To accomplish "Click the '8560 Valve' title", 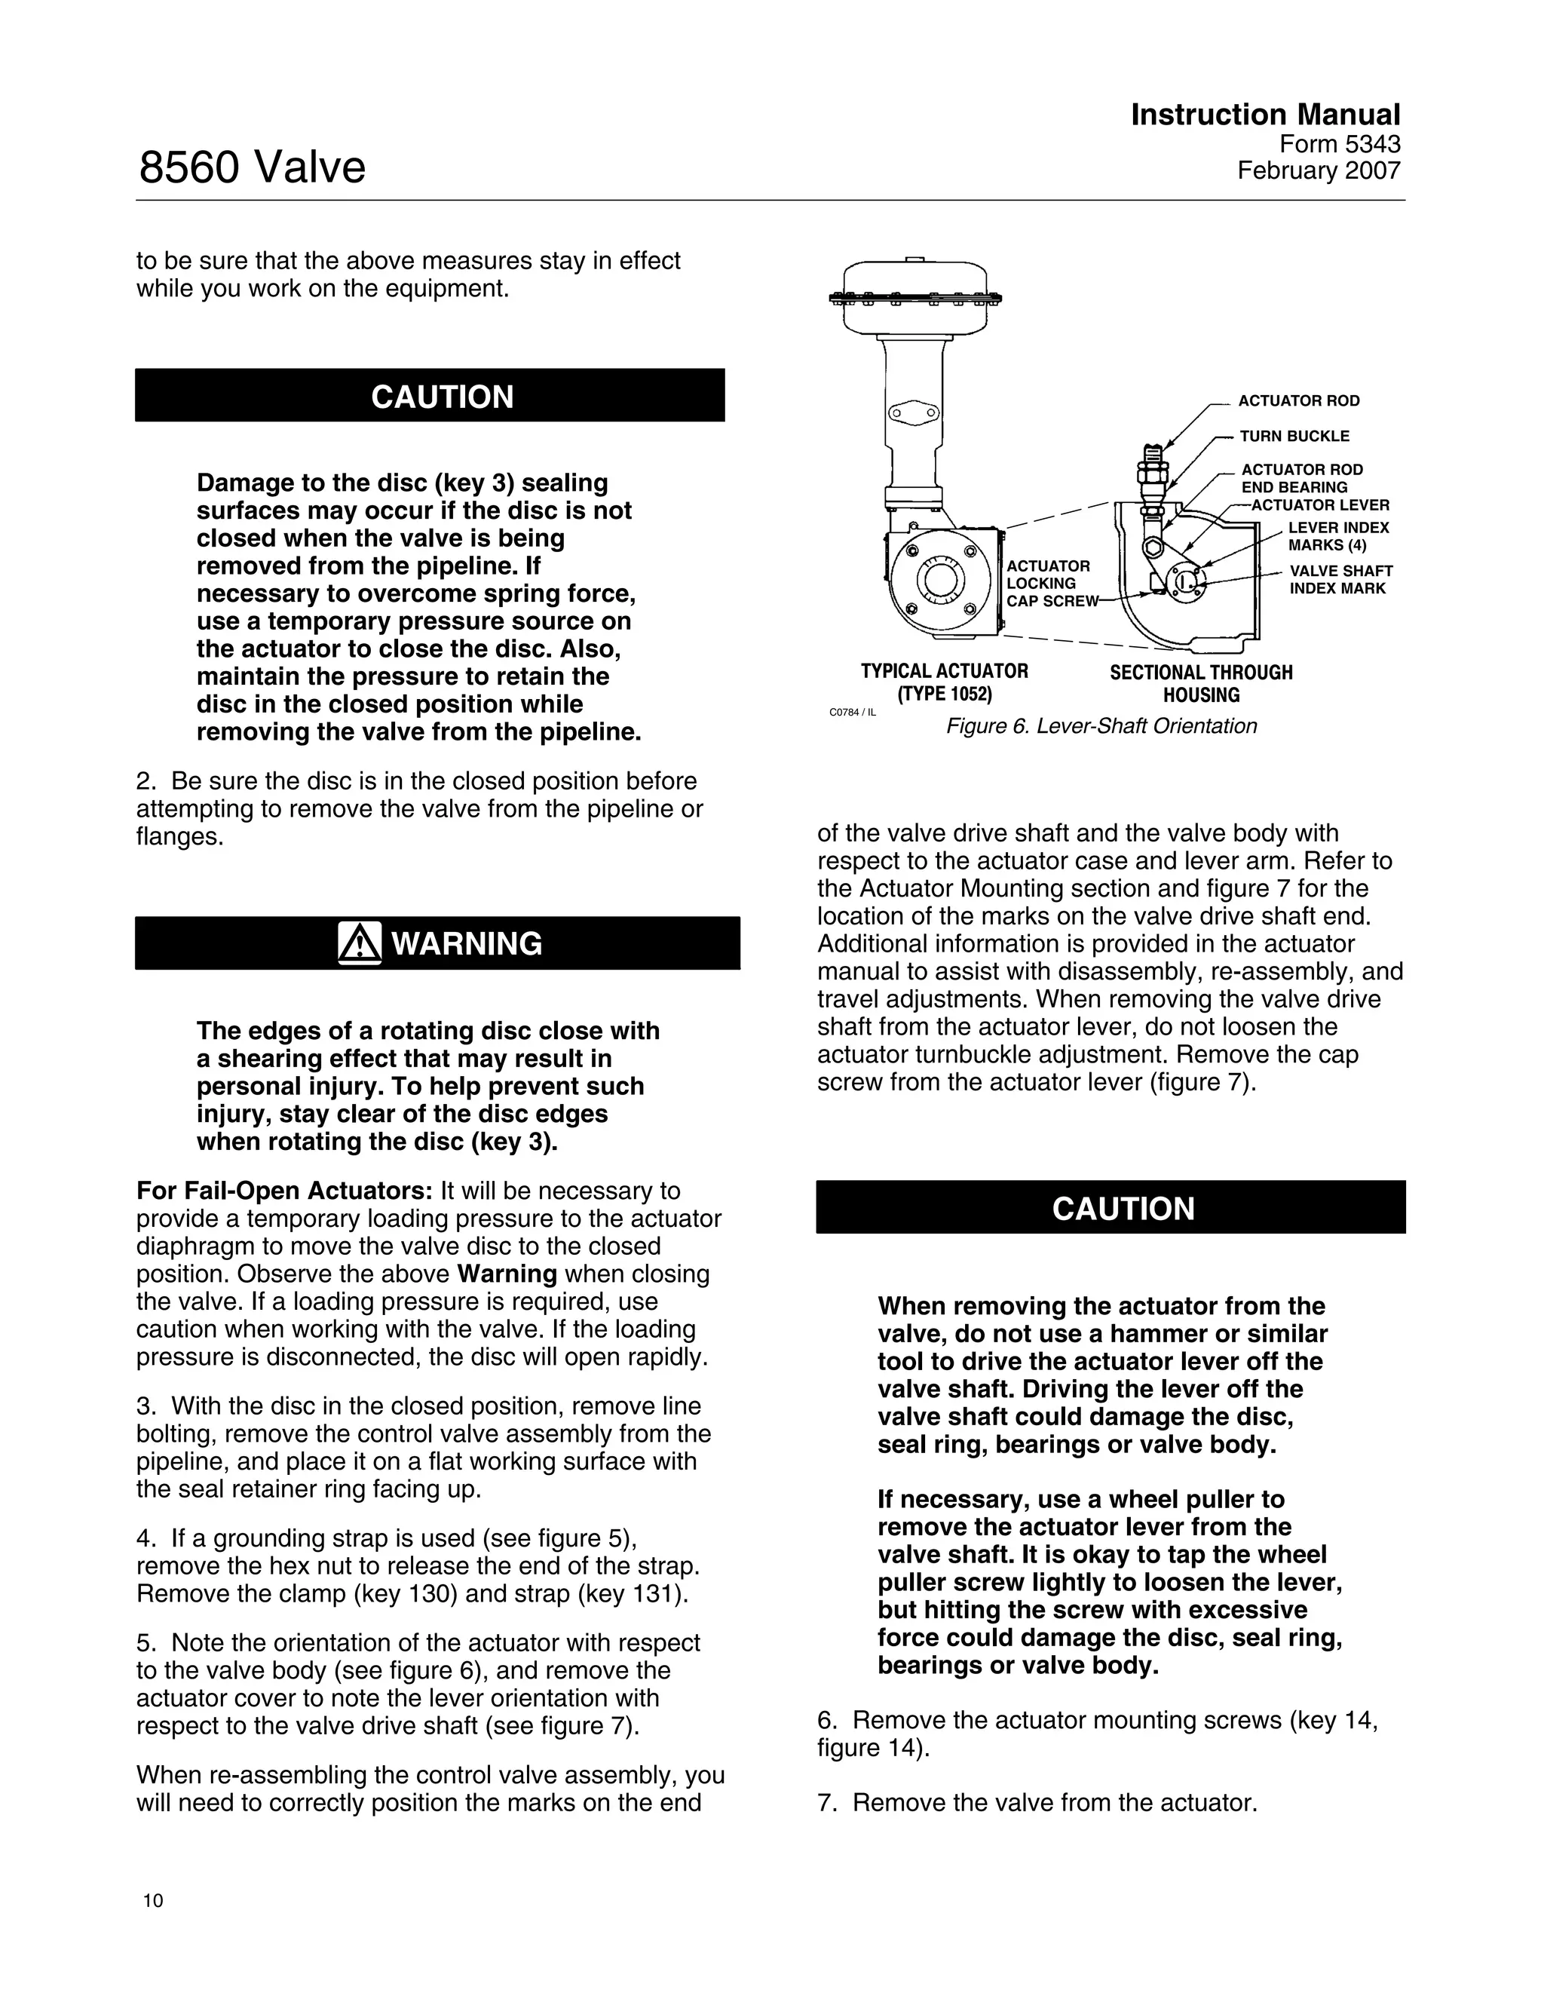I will tap(252, 167).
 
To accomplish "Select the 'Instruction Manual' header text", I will tap(1265, 115).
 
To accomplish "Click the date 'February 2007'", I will tap(1318, 171).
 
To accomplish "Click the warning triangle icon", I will tap(360, 943).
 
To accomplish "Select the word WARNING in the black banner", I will tap(467, 943).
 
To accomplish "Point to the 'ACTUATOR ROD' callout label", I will tap(1297, 401).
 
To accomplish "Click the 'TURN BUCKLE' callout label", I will tap(1294, 437).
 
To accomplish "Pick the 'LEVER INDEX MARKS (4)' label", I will tap(1338, 536).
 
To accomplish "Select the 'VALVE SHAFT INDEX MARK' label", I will tap(1340, 579).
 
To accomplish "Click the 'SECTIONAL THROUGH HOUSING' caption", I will tap(1201, 684).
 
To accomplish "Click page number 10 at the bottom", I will tap(153, 1901).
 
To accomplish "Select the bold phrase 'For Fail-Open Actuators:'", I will tap(283, 1191).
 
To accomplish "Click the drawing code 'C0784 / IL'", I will tap(851, 712).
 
